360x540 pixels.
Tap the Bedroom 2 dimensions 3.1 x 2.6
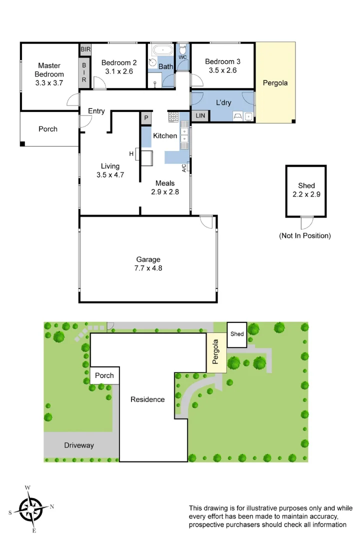click(119, 71)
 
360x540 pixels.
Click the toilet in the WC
click(183, 49)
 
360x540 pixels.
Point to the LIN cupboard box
click(200, 115)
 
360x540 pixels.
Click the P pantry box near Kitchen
click(146, 118)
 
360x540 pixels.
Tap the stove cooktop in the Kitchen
click(173, 117)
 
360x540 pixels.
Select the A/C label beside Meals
click(184, 168)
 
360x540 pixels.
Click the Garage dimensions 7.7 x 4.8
click(148, 268)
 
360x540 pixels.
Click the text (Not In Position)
click(305, 235)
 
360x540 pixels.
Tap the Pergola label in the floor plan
click(275, 83)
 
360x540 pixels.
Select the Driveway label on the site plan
click(79, 445)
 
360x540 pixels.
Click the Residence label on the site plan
click(147, 399)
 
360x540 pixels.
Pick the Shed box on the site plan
click(237, 334)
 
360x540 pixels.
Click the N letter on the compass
click(52, 506)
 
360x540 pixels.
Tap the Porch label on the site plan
click(104, 375)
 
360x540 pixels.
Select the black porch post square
click(22, 144)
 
